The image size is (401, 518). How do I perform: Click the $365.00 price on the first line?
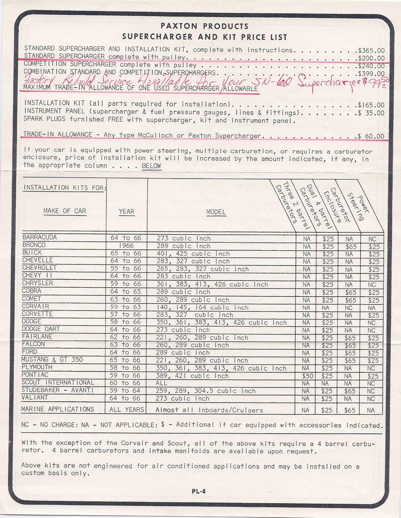[x=371, y=50]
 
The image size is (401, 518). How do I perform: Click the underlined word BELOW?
[x=151, y=166]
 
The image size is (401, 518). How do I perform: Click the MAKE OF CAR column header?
[x=65, y=211]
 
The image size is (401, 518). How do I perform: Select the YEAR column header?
[x=127, y=211]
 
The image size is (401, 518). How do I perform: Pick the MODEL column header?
[x=216, y=212]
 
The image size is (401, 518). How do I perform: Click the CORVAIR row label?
[x=36, y=307]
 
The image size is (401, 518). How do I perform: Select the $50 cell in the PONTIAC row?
[x=306, y=376]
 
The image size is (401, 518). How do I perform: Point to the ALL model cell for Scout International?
[x=162, y=383]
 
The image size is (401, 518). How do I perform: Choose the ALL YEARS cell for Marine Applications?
[x=126, y=409]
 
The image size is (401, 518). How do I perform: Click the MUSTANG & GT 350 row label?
[x=52, y=360]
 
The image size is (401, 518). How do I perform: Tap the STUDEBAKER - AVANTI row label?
[x=57, y=391]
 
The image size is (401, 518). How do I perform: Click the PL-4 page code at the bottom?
[x=199, y=492]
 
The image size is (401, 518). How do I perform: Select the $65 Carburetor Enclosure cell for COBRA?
[x=349, y=293]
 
